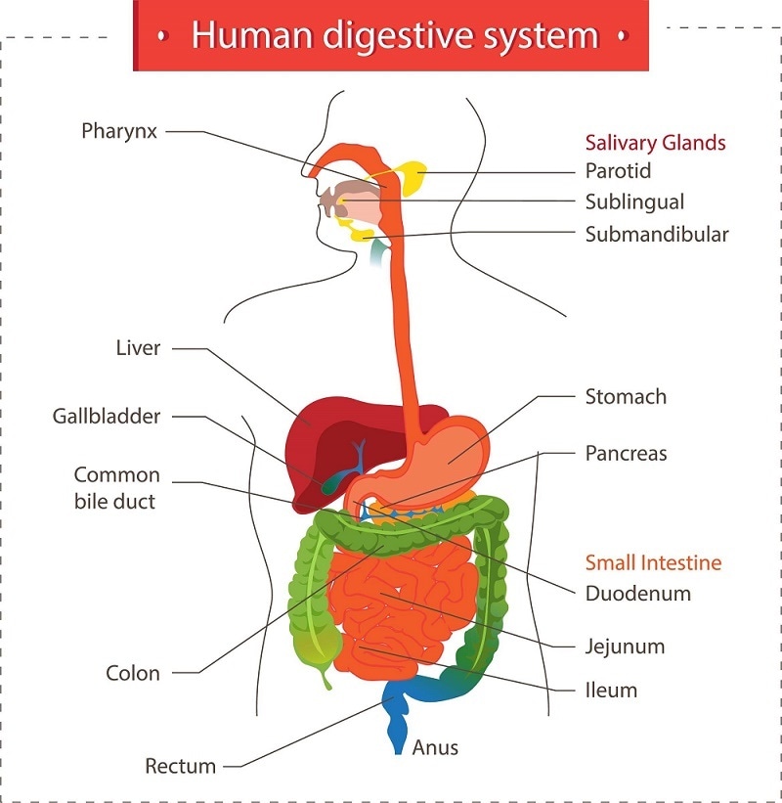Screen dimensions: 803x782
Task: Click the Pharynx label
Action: click(119, 130)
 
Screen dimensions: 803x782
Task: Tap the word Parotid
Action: click(618, 171)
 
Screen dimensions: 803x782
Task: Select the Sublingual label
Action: click(634, 202)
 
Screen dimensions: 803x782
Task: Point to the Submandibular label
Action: click(657, 235)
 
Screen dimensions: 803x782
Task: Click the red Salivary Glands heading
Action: click(655, 143)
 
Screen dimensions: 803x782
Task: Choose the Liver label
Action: click(138, 348)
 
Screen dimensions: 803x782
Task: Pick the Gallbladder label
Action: click(107, 417)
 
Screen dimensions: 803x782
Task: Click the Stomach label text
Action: click(626, 397)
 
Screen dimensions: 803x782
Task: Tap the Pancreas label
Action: click(626, 454)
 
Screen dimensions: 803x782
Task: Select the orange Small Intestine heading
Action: click(653, 562)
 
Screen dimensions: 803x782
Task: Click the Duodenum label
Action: click(637, 594)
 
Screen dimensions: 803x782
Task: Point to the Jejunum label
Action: click(626, 647)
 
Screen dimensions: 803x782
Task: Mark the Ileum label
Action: click(611, 691)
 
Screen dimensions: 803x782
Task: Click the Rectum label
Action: click(180, 766)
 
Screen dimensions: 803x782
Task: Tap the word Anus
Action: click(436, 748)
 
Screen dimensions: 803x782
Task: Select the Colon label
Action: click(133, 674)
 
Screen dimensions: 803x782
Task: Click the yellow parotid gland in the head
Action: click(411, 177)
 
